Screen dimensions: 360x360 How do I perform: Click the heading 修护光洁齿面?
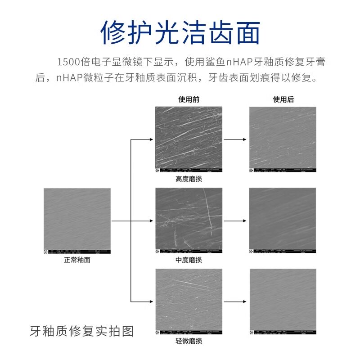[x=180, y=32]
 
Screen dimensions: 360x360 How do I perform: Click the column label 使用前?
[x=189, y=99]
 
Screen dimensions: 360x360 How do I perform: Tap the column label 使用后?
[x=283, y=99]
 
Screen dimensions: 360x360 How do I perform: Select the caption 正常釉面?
[x=77, y=260]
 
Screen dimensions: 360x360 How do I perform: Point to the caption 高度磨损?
[x=189, y=179]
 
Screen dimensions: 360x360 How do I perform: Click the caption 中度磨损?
[x=189, y=260]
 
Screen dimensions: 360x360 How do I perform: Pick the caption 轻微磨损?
[x=189, y=341]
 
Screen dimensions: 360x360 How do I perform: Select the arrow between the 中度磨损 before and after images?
[x=235, y=221]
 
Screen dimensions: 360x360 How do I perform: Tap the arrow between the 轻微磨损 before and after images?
[x=235, y=302]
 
